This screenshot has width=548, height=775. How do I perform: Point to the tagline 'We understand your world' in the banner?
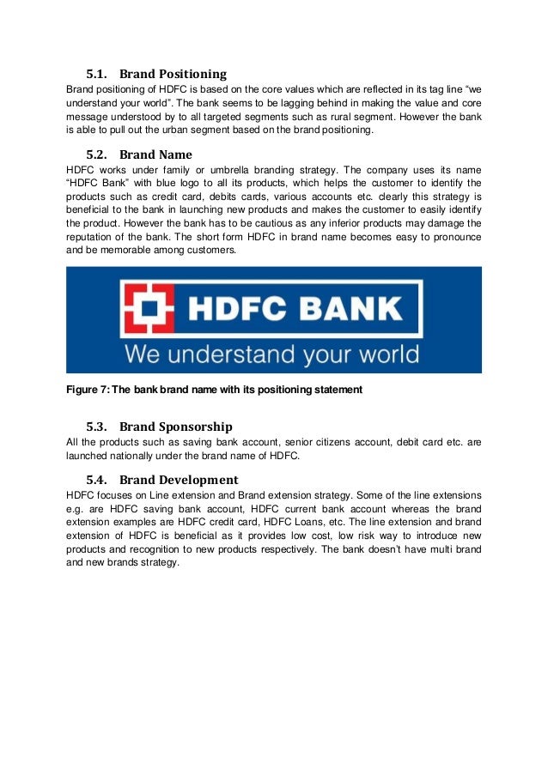272,354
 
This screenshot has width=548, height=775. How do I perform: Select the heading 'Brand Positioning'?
173,74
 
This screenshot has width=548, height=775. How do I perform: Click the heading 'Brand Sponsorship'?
176,427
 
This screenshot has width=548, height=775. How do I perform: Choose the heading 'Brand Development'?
179,480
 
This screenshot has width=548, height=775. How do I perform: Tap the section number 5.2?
98,155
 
